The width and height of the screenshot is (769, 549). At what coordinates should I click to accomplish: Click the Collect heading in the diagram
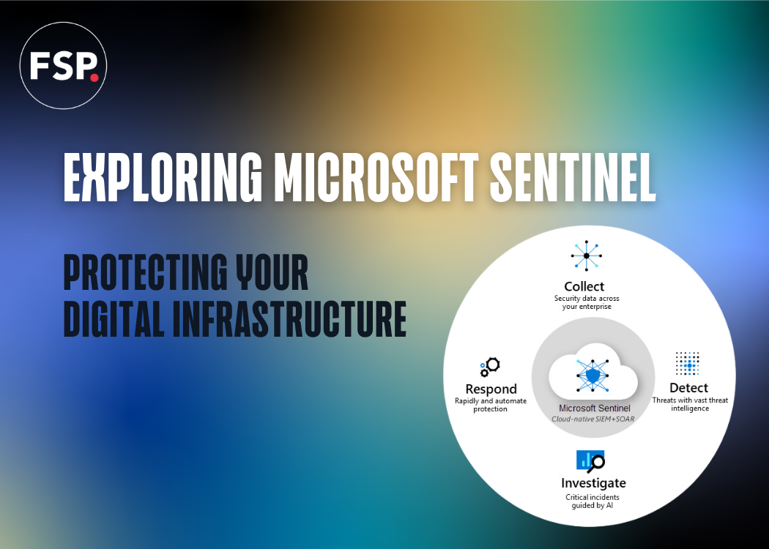click(x=584, y=286)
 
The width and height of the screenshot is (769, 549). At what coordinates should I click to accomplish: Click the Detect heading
click(x=688, y=387)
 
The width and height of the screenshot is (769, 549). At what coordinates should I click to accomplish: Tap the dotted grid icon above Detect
click(x=688, y=364)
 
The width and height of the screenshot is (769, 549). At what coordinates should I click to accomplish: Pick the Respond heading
click(x=491, y=389)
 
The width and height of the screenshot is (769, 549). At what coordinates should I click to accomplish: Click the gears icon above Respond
click(x=489, y=366)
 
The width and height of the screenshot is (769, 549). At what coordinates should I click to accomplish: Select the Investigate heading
click(x=593, y=483)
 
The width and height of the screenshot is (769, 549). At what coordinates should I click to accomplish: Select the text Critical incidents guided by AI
click(x=592, y=501)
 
